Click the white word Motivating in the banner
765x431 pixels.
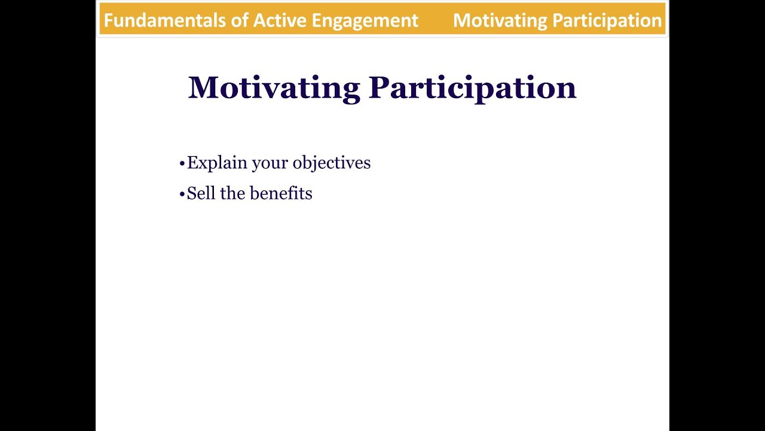point(500,21)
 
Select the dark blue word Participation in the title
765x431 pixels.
point(472,88)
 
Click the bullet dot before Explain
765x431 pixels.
point(182,163)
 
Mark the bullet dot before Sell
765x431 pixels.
point(182,195)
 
